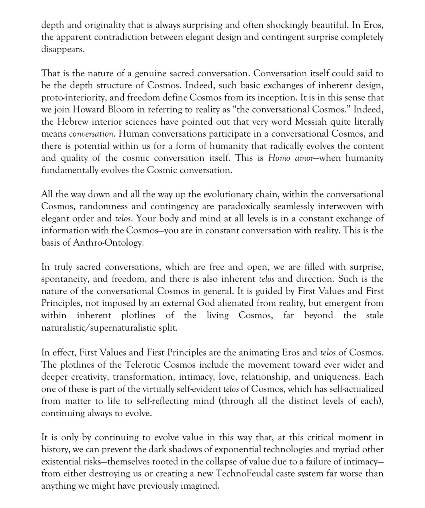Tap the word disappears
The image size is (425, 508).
[63, 49]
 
